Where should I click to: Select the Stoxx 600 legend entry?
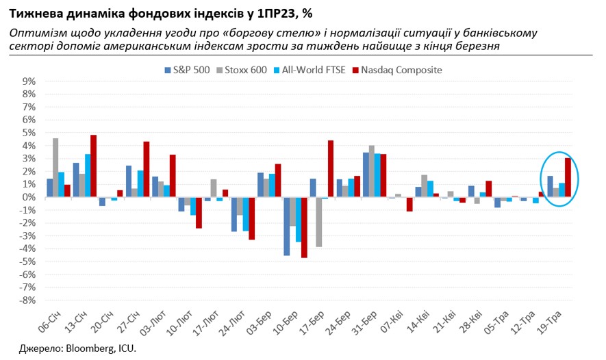[242, 70]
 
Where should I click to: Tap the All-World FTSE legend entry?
[310, 70]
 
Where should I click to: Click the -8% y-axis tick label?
[27, 300]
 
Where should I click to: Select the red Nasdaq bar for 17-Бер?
[330, 169]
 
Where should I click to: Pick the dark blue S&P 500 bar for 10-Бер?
[286, 226]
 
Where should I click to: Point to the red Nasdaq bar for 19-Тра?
[568, 177]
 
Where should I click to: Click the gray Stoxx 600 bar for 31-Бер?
[371, 171]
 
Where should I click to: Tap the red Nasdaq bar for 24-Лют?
[251, 218]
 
